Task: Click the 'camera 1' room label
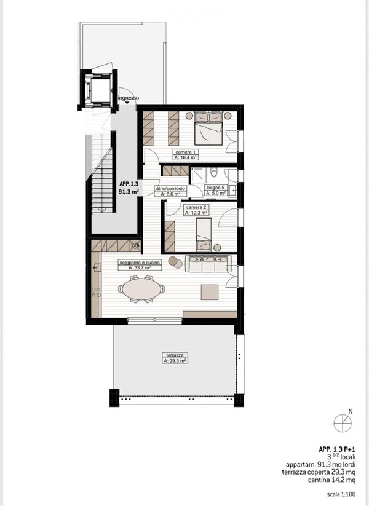(185, 152)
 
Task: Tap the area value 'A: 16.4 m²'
(186, 157)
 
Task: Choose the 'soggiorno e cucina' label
(140, 263)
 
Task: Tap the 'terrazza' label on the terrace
(175, 355)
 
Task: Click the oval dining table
(141, 289)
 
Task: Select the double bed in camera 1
(208, 128)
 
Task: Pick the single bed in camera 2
(204, 234)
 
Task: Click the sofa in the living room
(208, 264)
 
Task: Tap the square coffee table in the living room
(210, 292)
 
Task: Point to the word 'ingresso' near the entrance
(129, 98)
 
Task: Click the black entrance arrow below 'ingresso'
(127, 102)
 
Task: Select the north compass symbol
(343, 423)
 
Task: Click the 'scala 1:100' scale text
(341, 494)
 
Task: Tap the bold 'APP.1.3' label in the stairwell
(129, 184)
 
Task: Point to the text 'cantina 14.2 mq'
(332, 480)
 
